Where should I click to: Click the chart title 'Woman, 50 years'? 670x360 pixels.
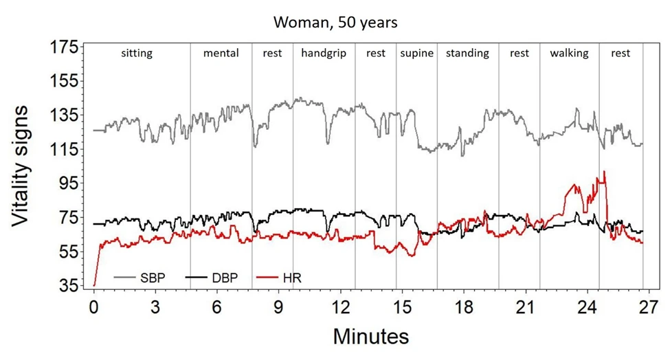click(x=335, y=22)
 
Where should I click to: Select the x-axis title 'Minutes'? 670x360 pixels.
click(x=371, y=337)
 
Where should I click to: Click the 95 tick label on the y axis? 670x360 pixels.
click(x=66, y=183)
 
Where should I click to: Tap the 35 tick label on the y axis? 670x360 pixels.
click(x=66, y=285)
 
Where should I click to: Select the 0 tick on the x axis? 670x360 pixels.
click(x=94, y=307)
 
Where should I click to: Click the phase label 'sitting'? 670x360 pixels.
click(x=136, y=54)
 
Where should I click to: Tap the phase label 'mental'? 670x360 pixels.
click(x=221, y=54)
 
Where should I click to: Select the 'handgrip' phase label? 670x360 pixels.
click(x=324, y=54)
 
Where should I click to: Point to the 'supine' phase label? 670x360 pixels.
click(x=416, y=54)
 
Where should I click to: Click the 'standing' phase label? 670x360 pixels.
click(x=467, y=54)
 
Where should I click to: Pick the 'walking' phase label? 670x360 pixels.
click(x=569, y=54)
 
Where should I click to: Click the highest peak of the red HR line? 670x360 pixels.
click(x=604, y=172)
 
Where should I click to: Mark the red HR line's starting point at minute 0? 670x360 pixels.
click(x=94, y=284)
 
